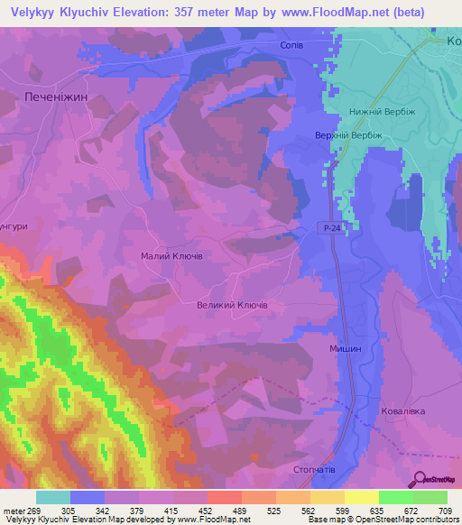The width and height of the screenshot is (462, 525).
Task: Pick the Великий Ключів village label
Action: pyautogui.click(x=231, y=305)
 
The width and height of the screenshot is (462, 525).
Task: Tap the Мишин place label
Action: pyautogui.click(x=345, y=347)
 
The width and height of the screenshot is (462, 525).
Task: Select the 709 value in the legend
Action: pyautogui.click(x=446, y=511)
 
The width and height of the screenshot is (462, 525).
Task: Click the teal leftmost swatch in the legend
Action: pyautogui.click(x=52, y=497)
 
